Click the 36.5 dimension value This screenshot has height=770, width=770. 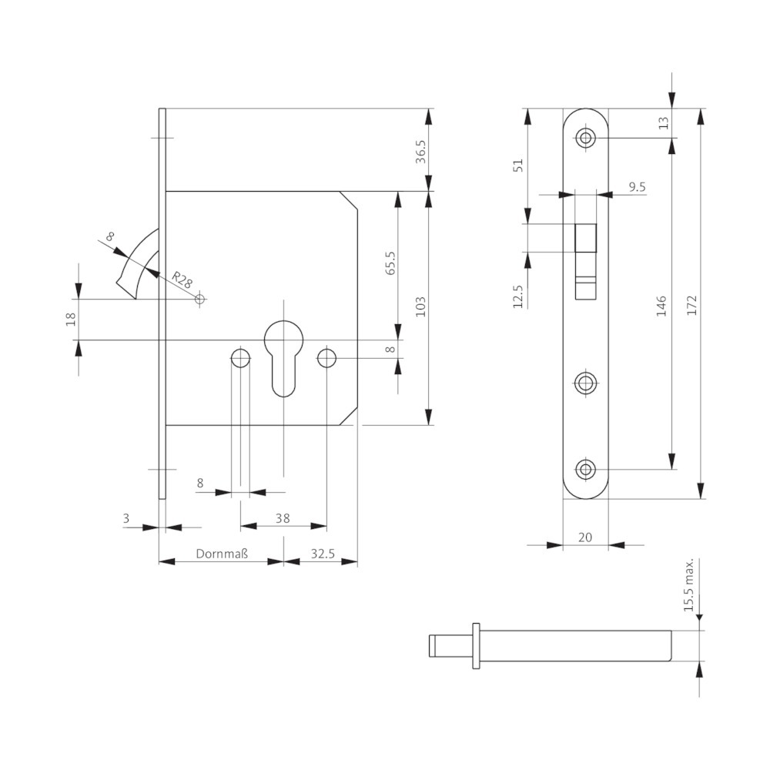[x=420, y=151]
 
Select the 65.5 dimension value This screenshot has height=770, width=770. [x=390, y=263]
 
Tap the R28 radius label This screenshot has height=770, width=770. [x=182, y=280]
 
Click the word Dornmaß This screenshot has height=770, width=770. [x=222, y=554]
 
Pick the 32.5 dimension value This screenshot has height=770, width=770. [x=323, y=554]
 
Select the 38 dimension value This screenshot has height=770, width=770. [x=283, y=518]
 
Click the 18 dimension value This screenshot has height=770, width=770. [x=70, y=319]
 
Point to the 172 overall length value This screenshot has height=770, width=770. [x=691, y=303]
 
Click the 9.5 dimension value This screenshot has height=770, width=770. [x=636, y=187]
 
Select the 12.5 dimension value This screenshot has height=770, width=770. [x=517, y=296]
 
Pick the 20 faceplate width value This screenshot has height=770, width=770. [x=585, y=537]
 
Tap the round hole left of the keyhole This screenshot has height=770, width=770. [x=240, y=358]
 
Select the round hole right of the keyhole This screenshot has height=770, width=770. [x=326, y=358]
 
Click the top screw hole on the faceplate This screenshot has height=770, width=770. [x=587, y=139]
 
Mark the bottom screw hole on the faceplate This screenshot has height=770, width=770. [x=587, y=468]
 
